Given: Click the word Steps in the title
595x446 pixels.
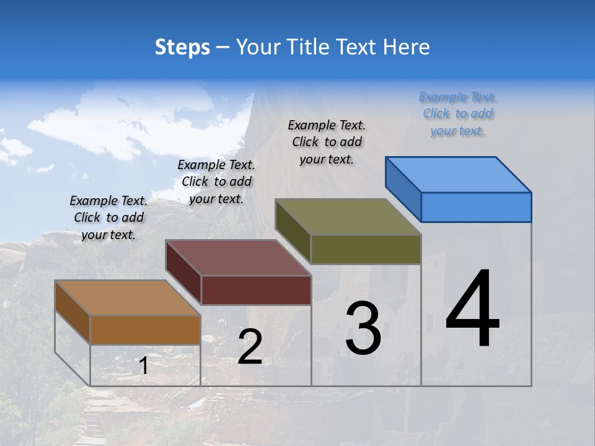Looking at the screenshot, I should click(182, 47).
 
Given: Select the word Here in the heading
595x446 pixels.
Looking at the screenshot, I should click(406, 47).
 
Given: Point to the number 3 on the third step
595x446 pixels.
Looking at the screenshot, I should click(363, 328).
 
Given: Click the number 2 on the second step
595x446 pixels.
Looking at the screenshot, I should click(250, 347).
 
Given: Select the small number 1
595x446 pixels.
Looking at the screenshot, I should click(144, 366).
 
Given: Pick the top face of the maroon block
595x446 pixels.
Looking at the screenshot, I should click(237, 257).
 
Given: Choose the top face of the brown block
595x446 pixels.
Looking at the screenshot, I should click(127, 298).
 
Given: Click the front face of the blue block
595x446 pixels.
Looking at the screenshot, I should click(476, 207).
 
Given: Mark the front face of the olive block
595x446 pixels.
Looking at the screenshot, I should click(366, 249).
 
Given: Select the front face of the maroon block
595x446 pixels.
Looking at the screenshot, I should click(256, 290).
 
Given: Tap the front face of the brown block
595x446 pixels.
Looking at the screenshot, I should click(145, 330).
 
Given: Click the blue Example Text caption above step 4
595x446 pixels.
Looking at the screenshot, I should click(458, 114).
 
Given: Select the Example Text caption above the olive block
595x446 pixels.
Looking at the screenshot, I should click(327, 142).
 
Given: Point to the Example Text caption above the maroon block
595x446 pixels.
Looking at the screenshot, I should click(216, 181).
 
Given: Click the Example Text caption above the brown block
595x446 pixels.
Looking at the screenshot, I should click(108, 217).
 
